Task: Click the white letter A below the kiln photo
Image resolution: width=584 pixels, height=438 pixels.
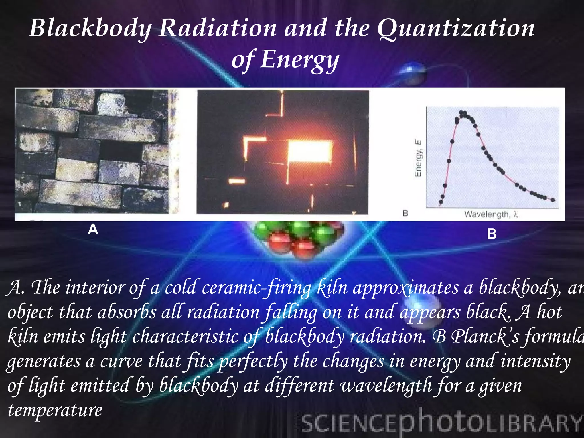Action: click(x=93, y=229)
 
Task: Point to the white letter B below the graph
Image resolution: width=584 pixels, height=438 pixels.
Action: click(x=492, y=234)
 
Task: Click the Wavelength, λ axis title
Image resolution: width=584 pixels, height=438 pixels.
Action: click(x=490, y=214)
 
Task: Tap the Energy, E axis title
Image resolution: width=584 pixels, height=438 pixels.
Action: click(x=418, y=158)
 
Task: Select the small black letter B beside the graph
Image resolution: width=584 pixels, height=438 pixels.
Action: click(x=405, y=213)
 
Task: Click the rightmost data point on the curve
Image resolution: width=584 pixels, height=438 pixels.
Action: click(x=553, y=200)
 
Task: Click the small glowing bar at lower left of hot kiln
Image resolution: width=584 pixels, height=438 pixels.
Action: click(x=237, y=181)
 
